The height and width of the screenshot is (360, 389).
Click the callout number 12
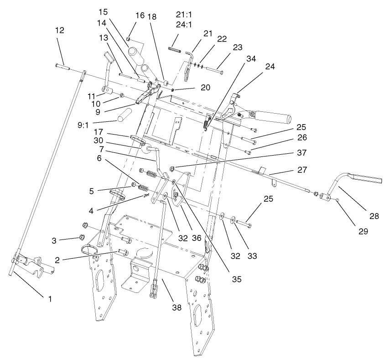tap(59, 31)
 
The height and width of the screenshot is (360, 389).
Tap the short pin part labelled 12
tap(63, 67)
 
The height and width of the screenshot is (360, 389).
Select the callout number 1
tap(50, 299)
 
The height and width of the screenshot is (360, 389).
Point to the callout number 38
tap(176, 308)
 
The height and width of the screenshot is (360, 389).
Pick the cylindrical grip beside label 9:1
tap(124, 115)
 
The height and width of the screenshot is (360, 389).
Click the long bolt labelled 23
tap(215, 71)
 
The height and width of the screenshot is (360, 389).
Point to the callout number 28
tap(374, 216)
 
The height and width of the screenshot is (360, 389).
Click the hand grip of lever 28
tap(365, 179)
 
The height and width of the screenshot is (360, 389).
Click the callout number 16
tap(140, 16)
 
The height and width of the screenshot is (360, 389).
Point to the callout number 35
tap(236, 276)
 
